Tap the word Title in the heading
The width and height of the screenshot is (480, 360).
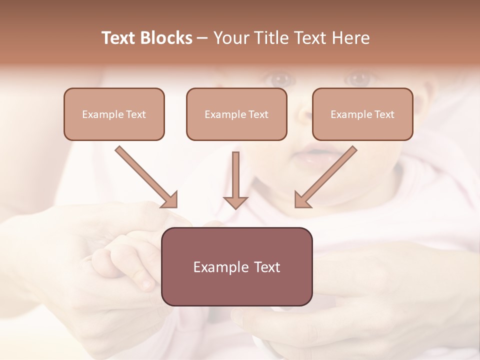click(268, 38)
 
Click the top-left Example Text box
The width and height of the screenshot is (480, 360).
click(114, 114)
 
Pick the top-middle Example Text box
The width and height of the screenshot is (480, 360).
click(236, 114)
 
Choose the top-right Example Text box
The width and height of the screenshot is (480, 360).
click(362, 114)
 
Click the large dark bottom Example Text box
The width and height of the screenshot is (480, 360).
click(237, 266)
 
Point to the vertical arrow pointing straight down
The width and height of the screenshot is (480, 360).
click(235, 180)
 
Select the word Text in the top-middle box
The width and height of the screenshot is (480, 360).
click(258, 114)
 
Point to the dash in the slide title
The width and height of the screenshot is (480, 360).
click(202, 38)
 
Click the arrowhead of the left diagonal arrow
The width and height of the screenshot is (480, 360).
click(170, 199)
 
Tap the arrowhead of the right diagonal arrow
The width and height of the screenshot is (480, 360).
click(302, 199)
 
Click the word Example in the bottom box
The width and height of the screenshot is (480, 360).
click(221, 267)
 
